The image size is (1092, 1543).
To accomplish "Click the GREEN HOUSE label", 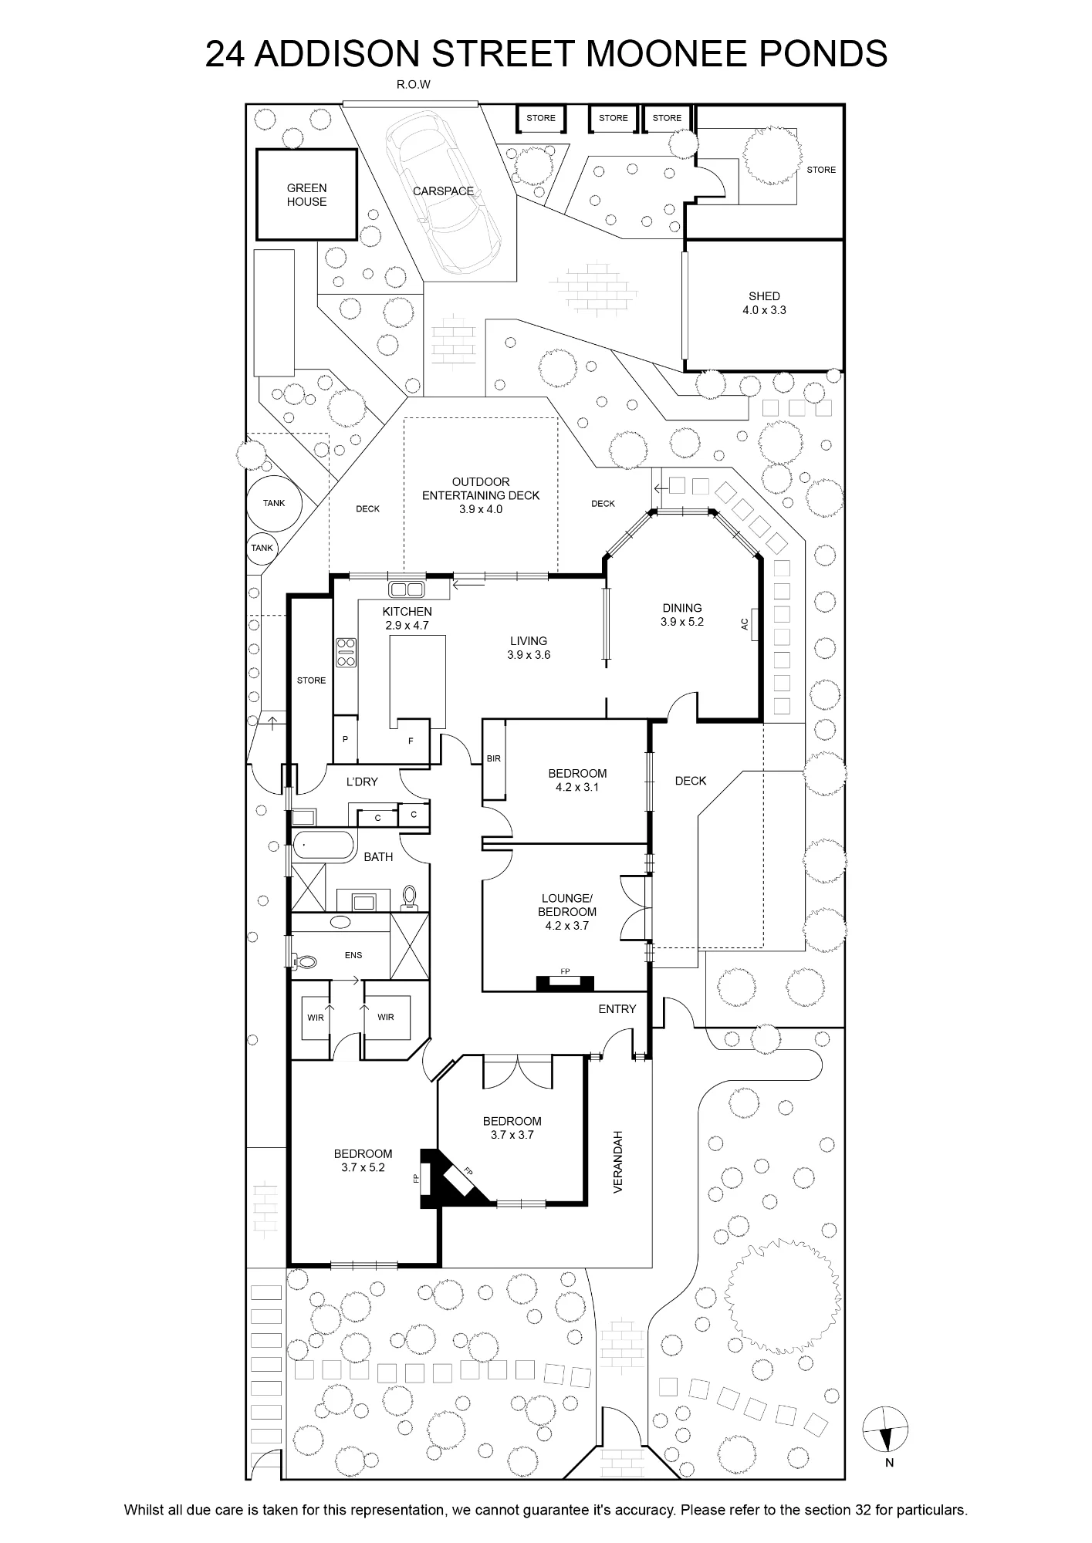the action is (x=306, y=194).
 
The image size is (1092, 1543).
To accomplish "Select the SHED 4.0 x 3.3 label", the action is (x=764, y=303).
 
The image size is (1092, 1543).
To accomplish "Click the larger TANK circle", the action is (x=274, y=504).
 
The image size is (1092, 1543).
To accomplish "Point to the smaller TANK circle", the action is (x=262, y=548).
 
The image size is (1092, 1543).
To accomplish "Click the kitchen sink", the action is (x=407, y=589).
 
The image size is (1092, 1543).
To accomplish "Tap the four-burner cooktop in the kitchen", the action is (x=346, y=653).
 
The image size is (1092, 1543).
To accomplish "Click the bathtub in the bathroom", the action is (x=323, y=846).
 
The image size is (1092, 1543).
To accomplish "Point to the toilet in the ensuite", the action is (x=305, y=962).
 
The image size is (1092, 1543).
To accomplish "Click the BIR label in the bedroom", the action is (x=494, y=758).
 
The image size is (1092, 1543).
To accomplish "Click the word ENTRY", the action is (x=617, y=1009).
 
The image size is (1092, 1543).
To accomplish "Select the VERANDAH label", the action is (x=617, y=1163).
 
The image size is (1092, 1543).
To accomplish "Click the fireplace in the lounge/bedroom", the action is (x=566, y=982).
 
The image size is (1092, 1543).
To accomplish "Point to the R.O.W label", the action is (x=414, y=85).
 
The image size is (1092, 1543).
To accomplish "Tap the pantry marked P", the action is (x=345, y=739).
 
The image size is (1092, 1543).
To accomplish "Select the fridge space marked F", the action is (x=411, y=741).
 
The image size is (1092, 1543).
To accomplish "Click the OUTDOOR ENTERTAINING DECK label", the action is (x=481, y=495).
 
